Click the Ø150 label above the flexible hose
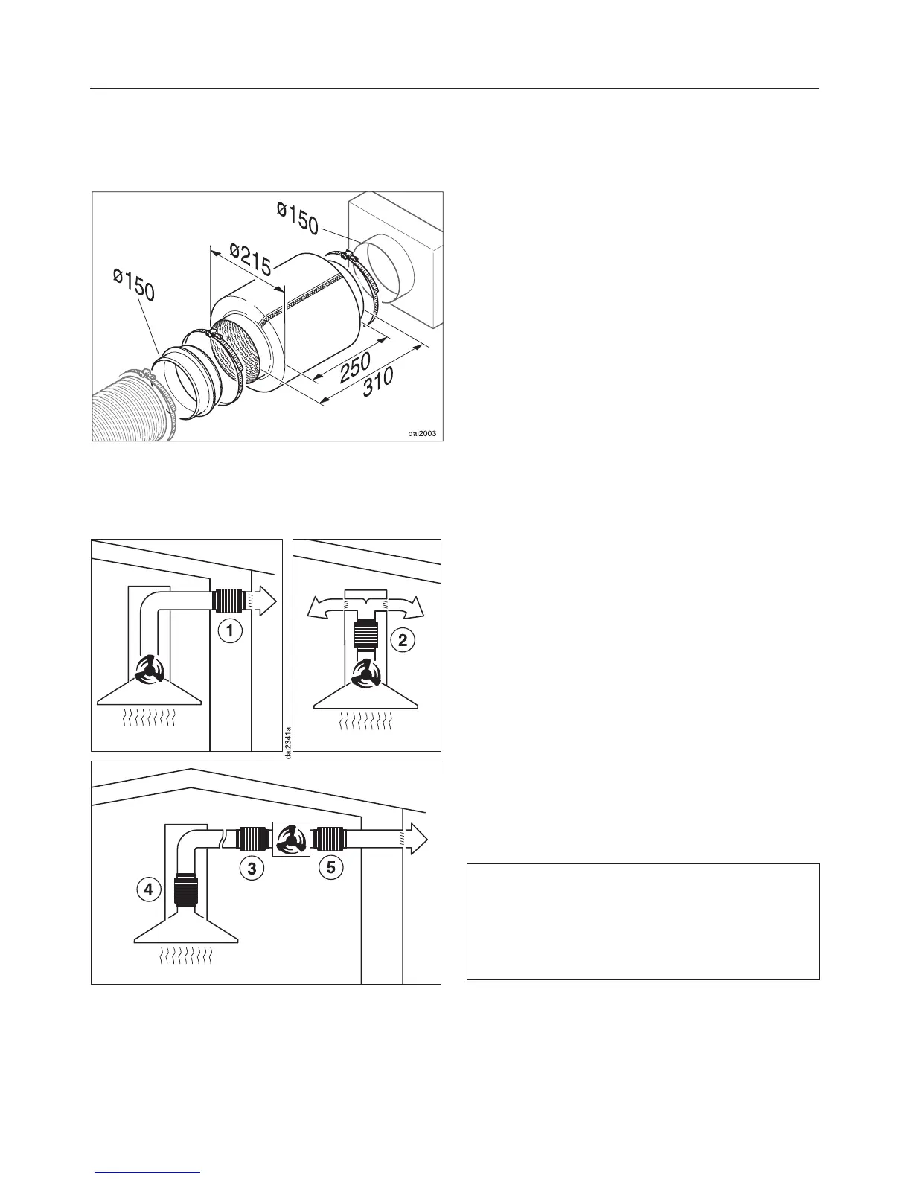tap(134, 285)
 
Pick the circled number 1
tap(231, 631)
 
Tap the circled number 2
tap(402, 640)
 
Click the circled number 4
tap(149, 889)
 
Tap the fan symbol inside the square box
tap(292, 840)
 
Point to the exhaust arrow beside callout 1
tap(263, 599)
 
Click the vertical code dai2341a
tap(288, 742)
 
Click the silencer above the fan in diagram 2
tap(368, 636)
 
